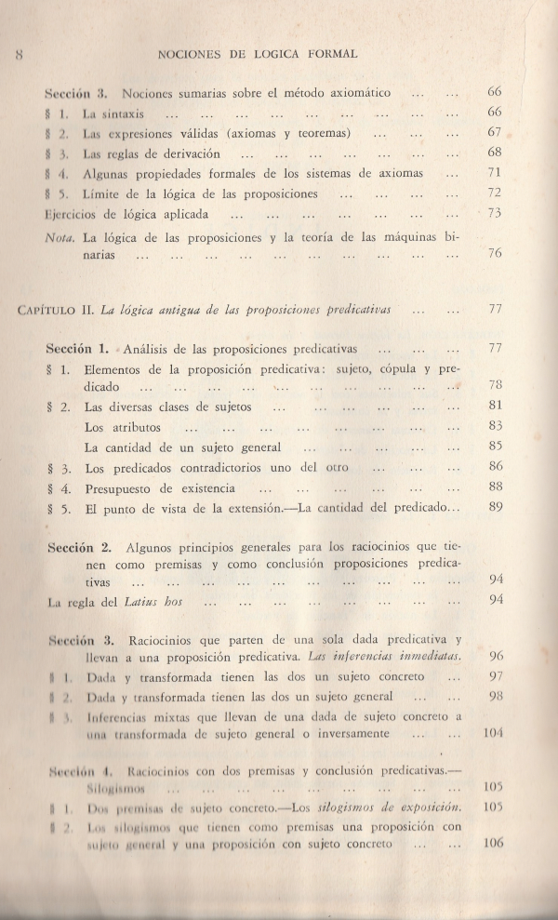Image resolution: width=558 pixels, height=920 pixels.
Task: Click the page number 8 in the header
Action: (x=18, y=55)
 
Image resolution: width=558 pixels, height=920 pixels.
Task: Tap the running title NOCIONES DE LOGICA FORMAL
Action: (x=259, y=55)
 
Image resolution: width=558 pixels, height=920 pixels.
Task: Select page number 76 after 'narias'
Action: (x=494, y=254)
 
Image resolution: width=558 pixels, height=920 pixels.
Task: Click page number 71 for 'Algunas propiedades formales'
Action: (x=494, y=173)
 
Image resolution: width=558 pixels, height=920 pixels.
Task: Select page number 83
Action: (x=494, y=426)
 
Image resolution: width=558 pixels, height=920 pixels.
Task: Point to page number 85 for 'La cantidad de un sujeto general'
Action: (x=494, y=445)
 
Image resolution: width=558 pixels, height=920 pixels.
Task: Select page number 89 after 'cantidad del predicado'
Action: (x=494, y=507)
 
